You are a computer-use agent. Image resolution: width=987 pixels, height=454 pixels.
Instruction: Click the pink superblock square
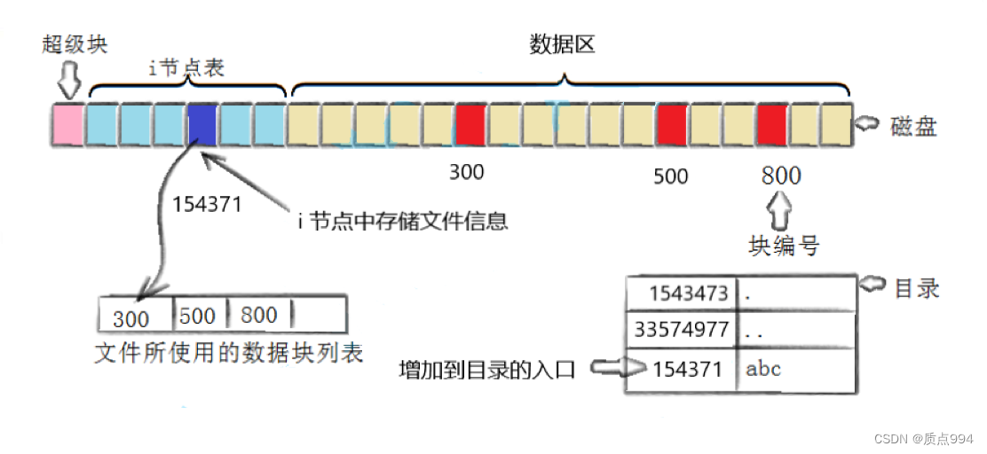67,125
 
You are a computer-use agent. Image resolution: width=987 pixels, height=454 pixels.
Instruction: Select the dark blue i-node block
202,125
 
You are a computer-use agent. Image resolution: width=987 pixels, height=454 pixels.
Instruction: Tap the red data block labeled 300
470,125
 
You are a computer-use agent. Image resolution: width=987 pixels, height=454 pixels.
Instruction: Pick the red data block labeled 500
671,125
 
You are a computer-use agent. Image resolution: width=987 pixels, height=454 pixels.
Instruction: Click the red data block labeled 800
772,125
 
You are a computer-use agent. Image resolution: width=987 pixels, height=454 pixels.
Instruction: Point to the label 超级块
75,44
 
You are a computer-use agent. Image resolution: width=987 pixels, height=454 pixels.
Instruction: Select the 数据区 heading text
562,45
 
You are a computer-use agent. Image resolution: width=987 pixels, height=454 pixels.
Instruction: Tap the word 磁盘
913,127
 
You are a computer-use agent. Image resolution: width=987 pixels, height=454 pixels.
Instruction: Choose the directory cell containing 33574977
682,331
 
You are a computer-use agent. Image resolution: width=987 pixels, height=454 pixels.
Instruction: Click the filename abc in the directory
763,369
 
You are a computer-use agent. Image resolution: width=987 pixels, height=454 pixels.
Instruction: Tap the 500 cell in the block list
198,316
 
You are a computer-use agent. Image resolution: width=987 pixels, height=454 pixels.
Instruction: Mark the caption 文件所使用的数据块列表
229,353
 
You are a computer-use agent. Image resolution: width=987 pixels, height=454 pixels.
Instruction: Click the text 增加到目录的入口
487,370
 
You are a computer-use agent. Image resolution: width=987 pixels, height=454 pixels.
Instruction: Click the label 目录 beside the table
917,288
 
